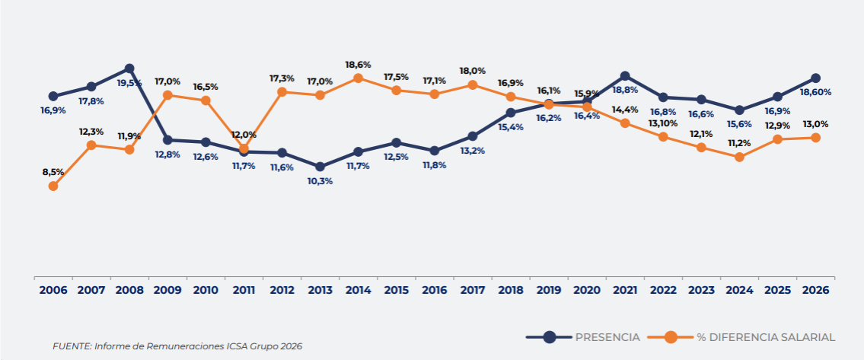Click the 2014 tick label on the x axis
click(358, 290)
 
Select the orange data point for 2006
click(53, 186)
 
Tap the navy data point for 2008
click(129, 68)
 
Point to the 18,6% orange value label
click(358, 65)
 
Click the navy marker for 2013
click(320, 167)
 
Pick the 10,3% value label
click(320, 180)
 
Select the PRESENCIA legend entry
click(583, 337)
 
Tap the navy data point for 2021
click(625, 76)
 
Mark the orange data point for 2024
click(739, 157)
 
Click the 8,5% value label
click(53, 172)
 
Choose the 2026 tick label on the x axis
click(815, 290)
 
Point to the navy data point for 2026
click(815, 78)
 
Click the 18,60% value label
click(815, 92)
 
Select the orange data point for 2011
click(244, 149)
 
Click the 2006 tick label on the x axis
click(53, 290)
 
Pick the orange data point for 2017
click(472, 84)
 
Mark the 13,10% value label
click(663, 123)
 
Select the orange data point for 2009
click(167, 95)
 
